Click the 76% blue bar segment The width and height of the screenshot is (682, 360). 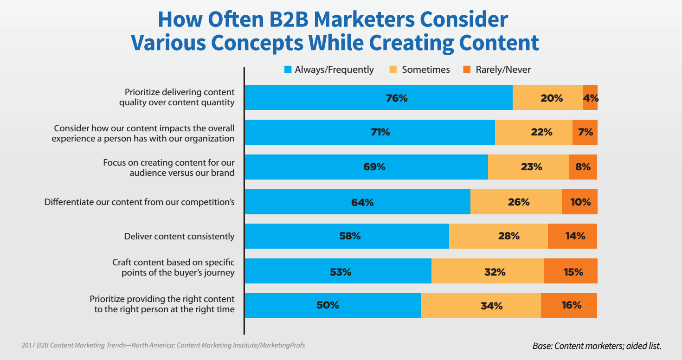(x=378, y=97)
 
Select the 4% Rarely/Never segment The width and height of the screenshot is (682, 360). (x=590, y=97)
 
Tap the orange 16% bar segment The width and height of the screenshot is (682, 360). (x=569, y=305)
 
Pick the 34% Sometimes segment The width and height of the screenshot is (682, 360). (x=481, y=305)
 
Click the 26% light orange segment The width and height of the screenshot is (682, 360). (x=516, y=202)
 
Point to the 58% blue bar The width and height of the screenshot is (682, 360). (x=347, y=236)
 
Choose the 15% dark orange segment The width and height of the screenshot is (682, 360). (x=571, y=271)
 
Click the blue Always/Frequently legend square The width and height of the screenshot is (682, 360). (x=288, y=70)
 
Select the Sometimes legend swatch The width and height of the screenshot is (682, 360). (x=393, y=70)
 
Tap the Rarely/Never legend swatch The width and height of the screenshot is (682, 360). (x=467, y=70)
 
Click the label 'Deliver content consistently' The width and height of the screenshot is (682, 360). (x=179, y=236)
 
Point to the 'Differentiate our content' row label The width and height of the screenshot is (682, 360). (x=139, y=202)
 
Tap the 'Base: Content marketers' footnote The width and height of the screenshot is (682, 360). (x=597, y=346)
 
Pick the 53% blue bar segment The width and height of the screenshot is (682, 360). (x=338, y=271)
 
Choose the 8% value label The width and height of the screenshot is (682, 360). (x=583, y=167)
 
